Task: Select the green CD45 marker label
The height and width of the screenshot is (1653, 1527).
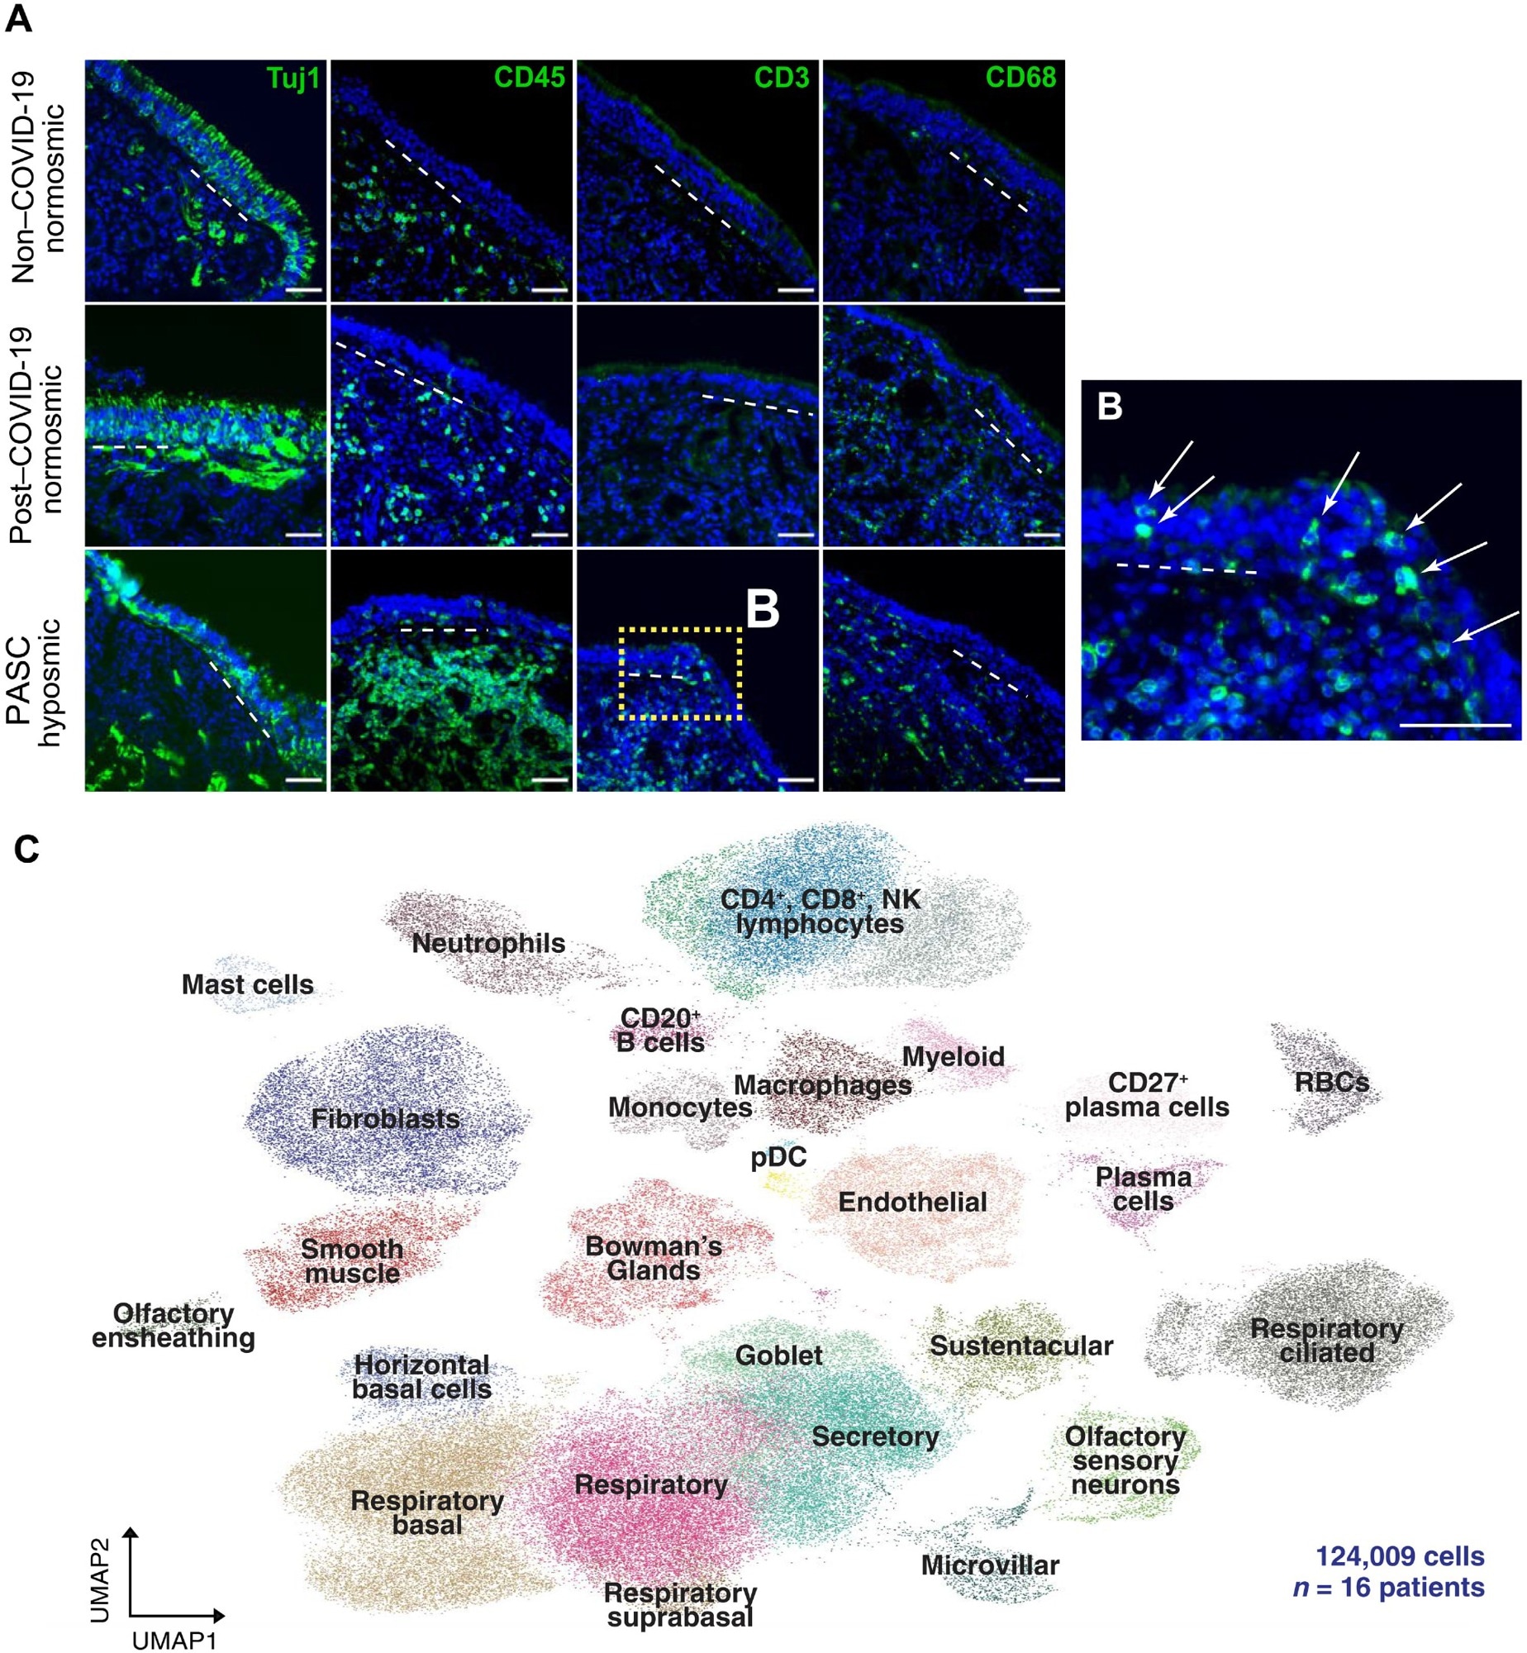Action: point(529,78)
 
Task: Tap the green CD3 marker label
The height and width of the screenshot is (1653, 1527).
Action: point(781,78)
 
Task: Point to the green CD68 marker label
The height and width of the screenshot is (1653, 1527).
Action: point(1020,78)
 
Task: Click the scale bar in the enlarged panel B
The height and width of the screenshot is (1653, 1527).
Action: point(1455,726)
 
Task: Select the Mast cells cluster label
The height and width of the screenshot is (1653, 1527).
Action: point(247,984)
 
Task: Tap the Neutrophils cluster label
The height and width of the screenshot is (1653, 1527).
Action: point(488,943)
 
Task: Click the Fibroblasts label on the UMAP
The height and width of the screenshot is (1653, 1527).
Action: point(385,1119)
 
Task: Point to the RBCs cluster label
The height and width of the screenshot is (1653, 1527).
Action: point(1331,1082)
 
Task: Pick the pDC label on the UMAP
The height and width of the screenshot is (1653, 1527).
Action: point(778,1157)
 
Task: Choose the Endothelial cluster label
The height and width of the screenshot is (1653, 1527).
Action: point(912,1202)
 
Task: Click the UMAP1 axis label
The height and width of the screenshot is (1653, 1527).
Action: point(174,1641)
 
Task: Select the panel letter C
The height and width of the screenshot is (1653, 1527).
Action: point(26,849)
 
